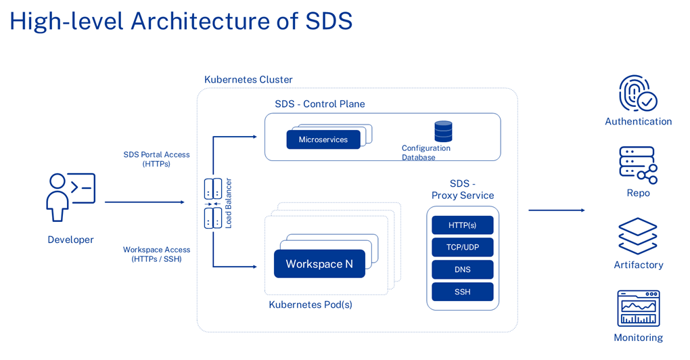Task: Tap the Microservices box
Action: click(x=323, y=139)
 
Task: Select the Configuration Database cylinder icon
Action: click(x=443, y=131)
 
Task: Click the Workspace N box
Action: click(x=319, y=264)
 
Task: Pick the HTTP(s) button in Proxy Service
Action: click(x=463, y=225)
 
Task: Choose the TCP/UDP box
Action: click(x=463, y=247)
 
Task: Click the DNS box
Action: click(x=463, y=269)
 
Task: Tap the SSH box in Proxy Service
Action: click(x=463, y=292)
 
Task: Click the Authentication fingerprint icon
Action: click(x=637, y=93)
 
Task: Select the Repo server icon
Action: click(x=637, y=164)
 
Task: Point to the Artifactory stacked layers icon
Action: click(x=637, y=236)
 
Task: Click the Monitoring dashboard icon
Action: click(x=638, y=309)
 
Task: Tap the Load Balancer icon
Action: click(x=213, y=203)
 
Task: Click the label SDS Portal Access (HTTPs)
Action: click(x=156, y=159)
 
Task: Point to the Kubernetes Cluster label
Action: click(x=248, y=80)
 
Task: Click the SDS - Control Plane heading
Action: click(x=319, y=104)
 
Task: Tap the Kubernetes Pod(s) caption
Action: click(x=310, y=305)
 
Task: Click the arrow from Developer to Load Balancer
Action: click(x=144, y=202)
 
